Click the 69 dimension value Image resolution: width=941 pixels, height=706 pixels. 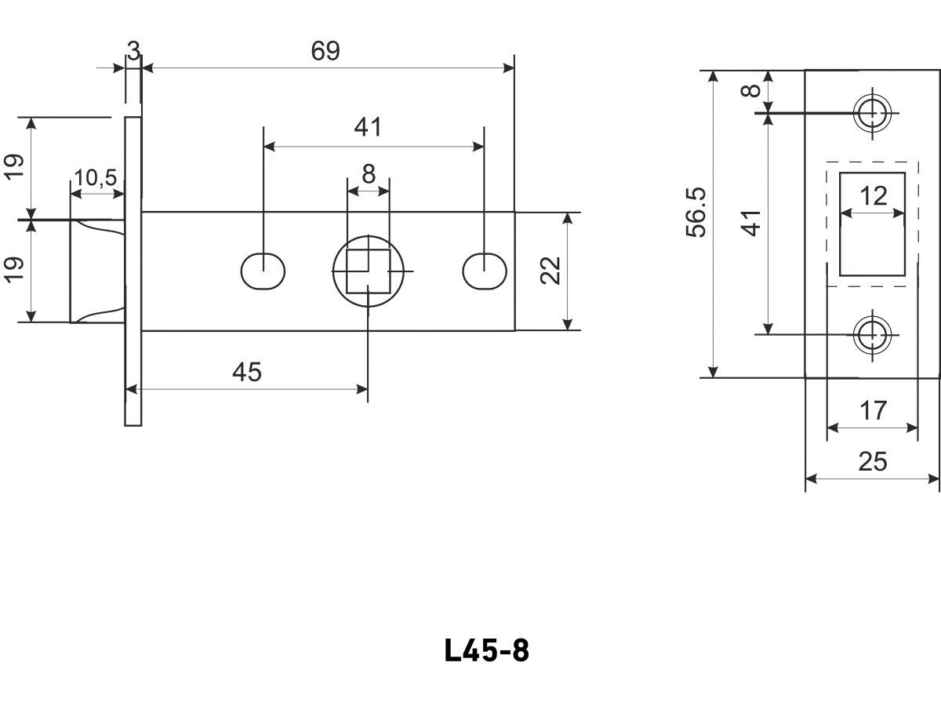click(x=325, y=51)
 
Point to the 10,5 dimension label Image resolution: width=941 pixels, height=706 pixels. click(x=95, y=178)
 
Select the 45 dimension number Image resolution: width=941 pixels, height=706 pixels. click(x=247, y=373)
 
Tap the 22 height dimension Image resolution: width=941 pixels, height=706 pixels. click(x=552, y=271)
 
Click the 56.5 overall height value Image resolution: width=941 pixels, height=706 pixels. click(x=696, y=212)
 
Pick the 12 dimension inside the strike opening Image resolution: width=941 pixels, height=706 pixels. click(x=873, y=195)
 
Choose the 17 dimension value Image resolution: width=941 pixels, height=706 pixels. click(x=872, y=410)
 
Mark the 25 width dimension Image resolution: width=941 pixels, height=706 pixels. click(x=872, y=462)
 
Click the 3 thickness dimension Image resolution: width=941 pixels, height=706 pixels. click(x=133, y=52)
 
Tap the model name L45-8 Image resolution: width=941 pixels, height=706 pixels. click(x=486, y=650)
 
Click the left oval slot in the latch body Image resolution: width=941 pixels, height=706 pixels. click(x=263, y=271)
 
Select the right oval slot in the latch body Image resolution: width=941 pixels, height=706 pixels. click(x=485, y=271)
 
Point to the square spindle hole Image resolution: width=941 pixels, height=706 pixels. click(x=368, y=271)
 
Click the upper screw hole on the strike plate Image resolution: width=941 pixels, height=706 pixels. click(x=870, y=113)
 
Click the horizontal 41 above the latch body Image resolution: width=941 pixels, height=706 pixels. click(x=368, y=126)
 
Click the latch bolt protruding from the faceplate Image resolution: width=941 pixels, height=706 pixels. click(x=97, y=271)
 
